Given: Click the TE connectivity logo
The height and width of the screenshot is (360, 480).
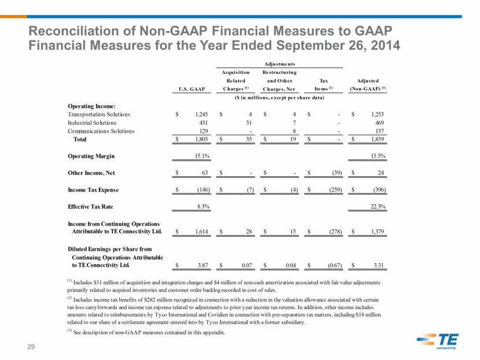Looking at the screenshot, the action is coord(438,341).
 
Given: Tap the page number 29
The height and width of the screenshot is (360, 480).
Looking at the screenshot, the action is coord(31,347).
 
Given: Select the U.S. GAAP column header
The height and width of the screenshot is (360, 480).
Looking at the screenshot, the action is coord(191,89).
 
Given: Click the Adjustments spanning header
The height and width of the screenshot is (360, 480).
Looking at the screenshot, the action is coord(279,64).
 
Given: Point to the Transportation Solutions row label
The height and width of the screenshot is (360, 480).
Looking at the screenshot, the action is coord(99,114).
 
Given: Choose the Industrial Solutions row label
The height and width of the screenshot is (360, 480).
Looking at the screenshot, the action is coord(92,123).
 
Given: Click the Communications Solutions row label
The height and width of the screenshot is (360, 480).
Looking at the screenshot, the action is coord(101,131).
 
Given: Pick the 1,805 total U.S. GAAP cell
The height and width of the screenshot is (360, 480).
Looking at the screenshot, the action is coord(201,139).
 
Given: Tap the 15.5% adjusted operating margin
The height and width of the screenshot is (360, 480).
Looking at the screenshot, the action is coord(378,156).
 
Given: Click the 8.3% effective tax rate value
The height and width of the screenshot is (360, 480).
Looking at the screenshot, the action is coord(203,206).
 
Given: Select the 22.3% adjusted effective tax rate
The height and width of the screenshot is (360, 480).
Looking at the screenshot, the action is coord(378,206).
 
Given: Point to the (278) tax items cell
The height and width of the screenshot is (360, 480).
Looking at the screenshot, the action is coord(335,232).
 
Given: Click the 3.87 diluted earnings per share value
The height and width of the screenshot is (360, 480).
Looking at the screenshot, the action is coord(202,265).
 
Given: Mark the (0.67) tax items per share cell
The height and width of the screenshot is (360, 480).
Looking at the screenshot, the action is coord(335,265).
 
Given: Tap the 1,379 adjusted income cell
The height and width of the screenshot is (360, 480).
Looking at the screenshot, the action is coord(378,232).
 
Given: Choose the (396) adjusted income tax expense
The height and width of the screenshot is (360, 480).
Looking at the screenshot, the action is coord(379,190).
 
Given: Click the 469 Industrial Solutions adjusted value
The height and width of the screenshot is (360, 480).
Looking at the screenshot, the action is coord(379,123).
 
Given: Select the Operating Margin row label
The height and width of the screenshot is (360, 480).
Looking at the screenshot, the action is coord(91,156).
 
